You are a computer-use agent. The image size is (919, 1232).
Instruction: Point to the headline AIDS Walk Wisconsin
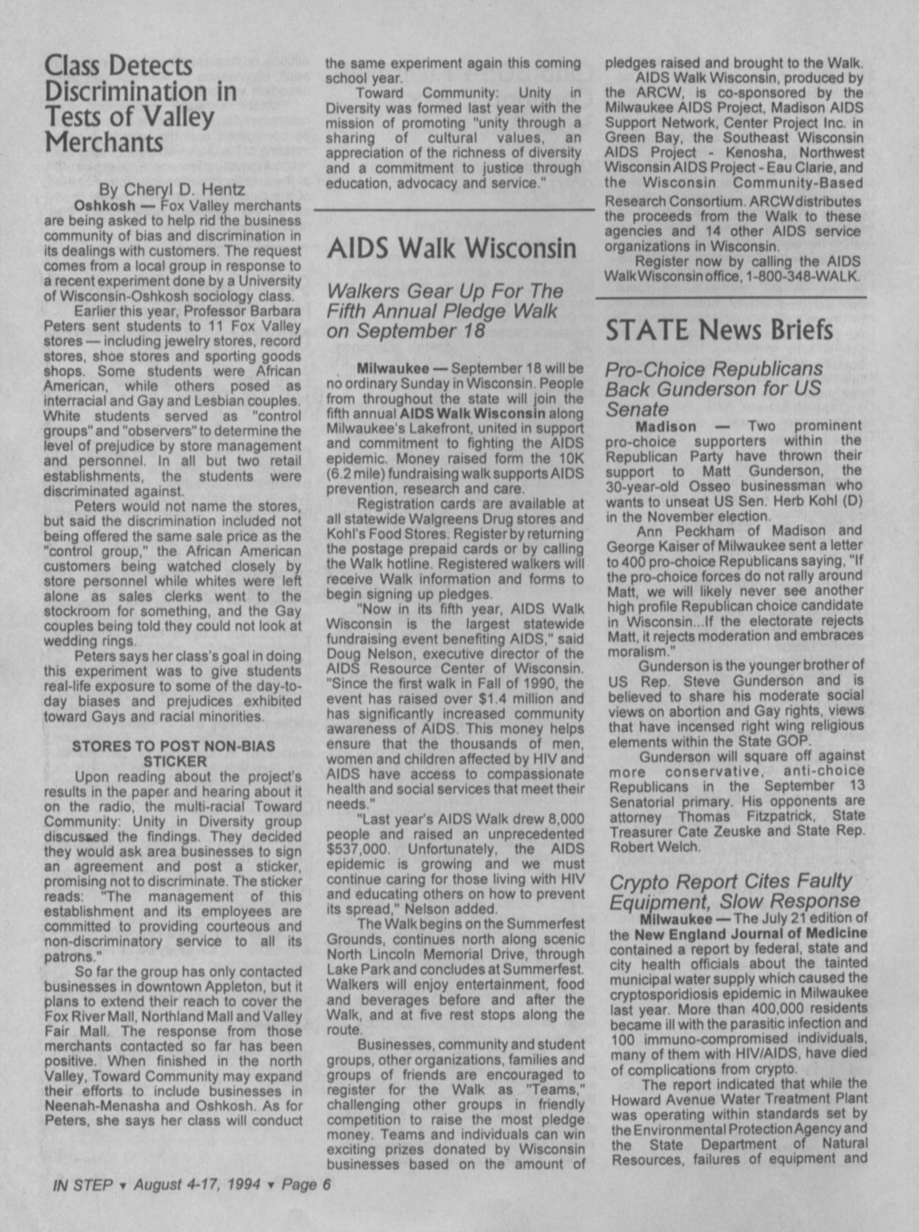pos(451,248)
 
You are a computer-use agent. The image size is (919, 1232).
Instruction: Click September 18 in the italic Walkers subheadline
pos(405,331)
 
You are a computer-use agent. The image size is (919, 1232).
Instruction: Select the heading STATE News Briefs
pos(718,329)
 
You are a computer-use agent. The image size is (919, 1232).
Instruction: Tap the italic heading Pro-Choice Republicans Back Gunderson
pos(714,389)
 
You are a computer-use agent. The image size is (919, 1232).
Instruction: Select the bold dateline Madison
pos(666,426)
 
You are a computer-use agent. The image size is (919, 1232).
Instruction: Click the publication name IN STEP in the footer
pos(82,1184)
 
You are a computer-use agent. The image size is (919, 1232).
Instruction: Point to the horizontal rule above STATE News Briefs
pos(731,299)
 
